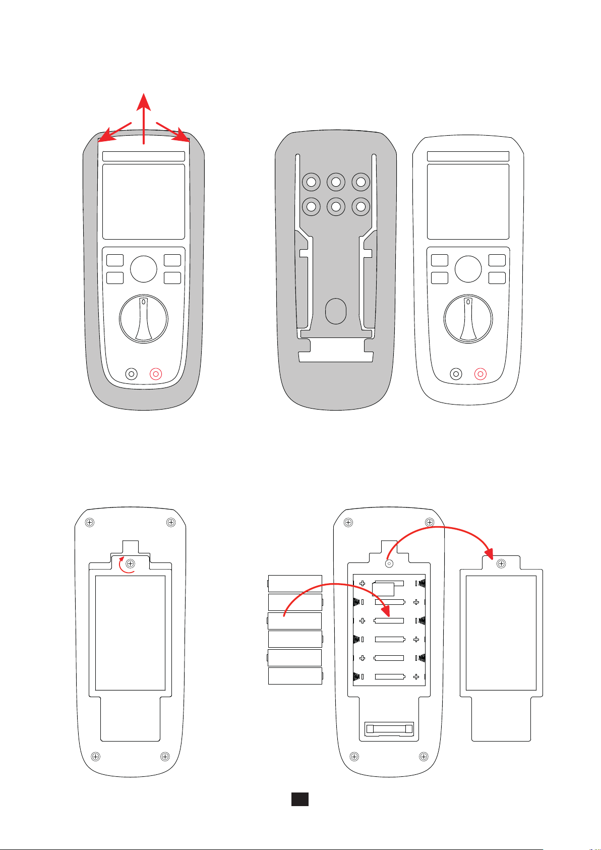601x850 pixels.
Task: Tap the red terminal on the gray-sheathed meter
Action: [156, 374]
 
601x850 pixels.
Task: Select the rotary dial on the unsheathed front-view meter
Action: [468, 319]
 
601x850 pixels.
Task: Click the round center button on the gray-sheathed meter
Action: [144, 269]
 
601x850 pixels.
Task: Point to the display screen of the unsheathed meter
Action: [468, 201]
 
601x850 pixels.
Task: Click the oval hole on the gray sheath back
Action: [335, 311]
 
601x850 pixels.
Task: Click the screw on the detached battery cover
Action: [501, 563]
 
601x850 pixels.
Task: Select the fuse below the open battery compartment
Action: [389, 729]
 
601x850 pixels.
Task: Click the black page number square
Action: [299, 799]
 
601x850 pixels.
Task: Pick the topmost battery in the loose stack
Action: [295, 583]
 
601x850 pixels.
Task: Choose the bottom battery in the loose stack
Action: [295, 676]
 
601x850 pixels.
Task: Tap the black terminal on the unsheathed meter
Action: [456, 374]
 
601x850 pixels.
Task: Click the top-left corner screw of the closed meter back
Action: [89, 522]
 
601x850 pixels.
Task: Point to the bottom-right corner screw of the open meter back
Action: [424, 756]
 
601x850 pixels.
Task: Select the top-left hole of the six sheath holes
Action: [311, 182]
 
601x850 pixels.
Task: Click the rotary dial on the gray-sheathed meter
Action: [144, 319]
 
